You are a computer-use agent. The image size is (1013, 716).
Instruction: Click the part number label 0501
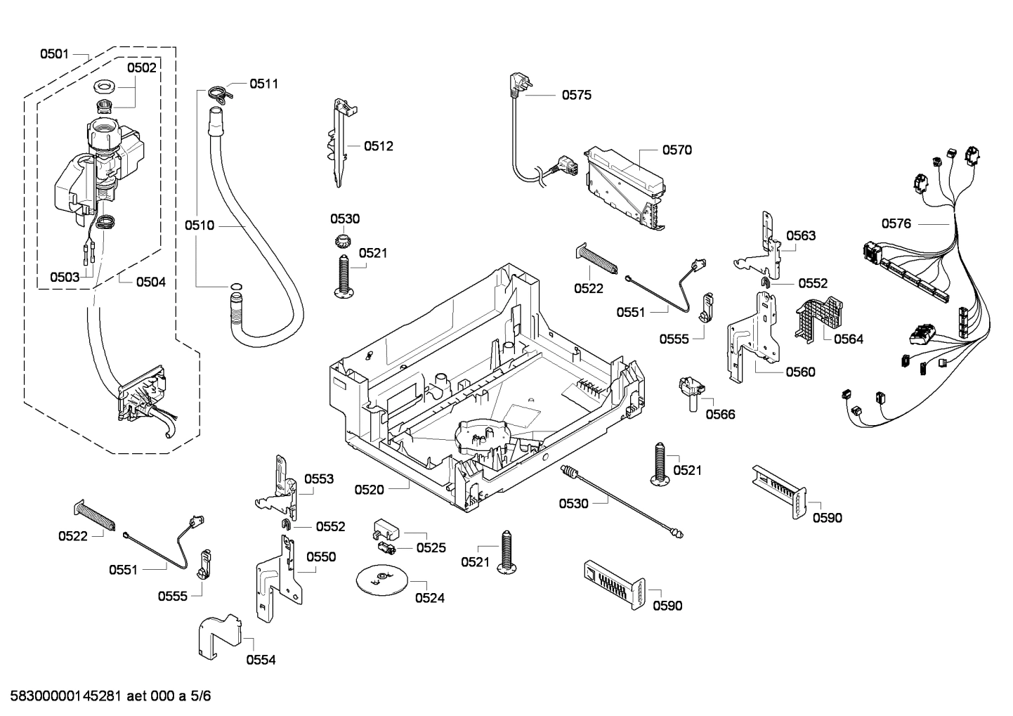(54, 53)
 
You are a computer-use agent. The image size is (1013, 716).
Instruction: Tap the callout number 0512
(378, 146)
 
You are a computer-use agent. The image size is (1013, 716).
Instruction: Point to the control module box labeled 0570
(625, 186)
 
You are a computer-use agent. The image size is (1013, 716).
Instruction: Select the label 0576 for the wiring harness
(896, 223)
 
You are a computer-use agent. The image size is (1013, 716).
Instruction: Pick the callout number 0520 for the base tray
(369, 489)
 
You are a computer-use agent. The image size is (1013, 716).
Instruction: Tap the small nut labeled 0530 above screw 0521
(342, 243)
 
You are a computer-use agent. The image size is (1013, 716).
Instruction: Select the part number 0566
(720, 414)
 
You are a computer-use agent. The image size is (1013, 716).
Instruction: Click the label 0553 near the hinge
(319, 479)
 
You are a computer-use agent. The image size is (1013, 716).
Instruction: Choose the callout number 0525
(431, 547)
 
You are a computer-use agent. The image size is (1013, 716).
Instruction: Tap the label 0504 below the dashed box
(150, 282)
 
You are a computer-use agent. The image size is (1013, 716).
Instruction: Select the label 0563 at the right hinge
(801, 235)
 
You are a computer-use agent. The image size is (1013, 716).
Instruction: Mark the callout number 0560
(800, 372)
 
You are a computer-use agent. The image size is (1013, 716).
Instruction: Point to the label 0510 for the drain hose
(200, 226)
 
